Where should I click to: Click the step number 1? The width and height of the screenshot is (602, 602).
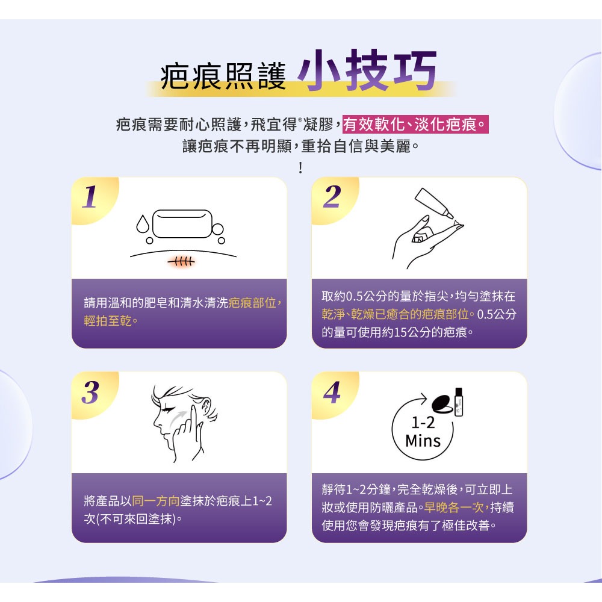(90, 197)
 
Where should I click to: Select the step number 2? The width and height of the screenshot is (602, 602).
(330, 197)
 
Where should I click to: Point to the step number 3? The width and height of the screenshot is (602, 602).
(90, 393)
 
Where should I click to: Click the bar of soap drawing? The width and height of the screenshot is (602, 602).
(183, 223)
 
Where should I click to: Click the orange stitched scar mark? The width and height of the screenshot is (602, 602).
(181, 261)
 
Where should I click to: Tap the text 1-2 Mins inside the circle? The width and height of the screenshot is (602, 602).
(423, 432)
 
